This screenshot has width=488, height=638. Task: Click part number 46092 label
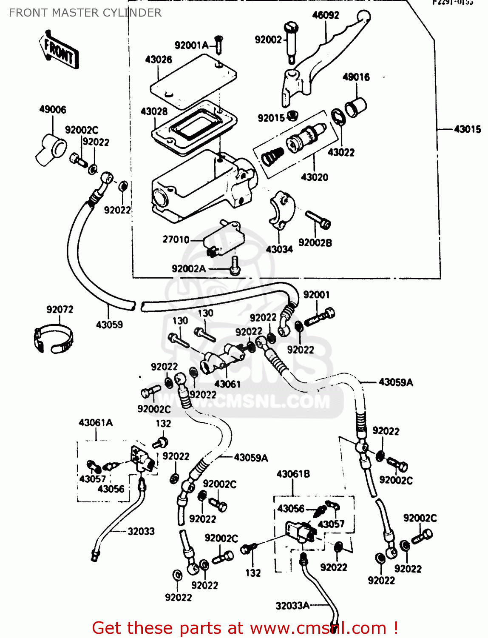tap(326, 15)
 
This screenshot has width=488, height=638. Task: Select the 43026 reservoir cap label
tap(159, 60)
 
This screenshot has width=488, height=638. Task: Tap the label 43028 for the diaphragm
tap(154, 111)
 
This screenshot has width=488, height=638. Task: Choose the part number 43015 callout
tap(467, 129)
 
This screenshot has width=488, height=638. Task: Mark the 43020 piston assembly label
tap(315, 177)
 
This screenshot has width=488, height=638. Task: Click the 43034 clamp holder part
tap(282, 211)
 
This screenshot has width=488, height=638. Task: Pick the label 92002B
tap(315, 243)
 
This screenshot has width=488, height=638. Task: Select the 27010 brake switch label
tap(176, 239)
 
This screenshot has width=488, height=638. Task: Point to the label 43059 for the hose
tap(109, 325)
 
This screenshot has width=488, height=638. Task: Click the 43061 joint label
tap(227, 384)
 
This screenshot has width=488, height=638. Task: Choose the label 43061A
tap(96, 423)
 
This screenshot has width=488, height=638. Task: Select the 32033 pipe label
tap(141, 531)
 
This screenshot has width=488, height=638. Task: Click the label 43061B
tap(293, 474)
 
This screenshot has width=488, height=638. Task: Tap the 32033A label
tap(292, 606)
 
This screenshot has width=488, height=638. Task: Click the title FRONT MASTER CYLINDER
tap(85, 13)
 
